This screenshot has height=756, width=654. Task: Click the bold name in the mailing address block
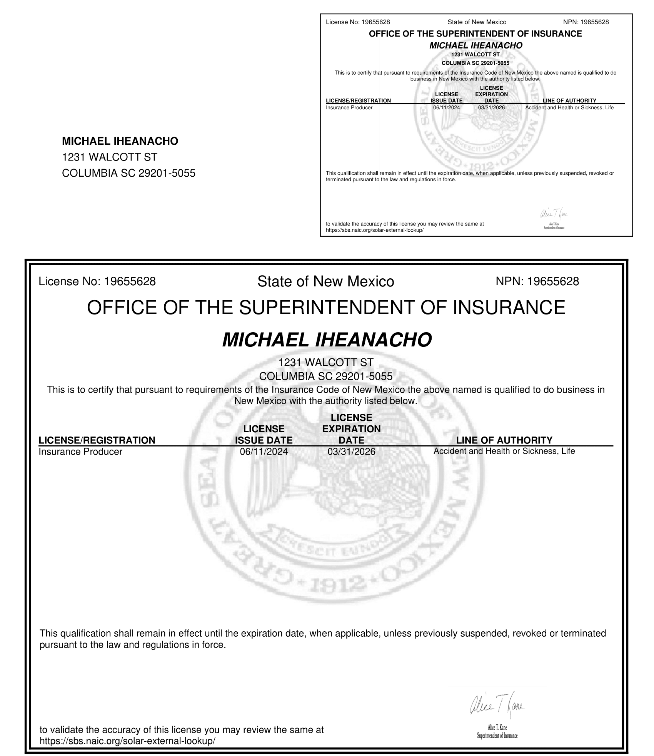(x=120, y=141)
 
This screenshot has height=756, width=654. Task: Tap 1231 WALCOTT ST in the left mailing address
(x=110, y=157)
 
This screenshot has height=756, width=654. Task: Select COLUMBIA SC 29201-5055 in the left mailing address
(x=128, y=173)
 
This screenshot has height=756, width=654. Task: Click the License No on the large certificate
(x=97, y=281)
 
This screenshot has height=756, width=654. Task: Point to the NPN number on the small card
(x=586, y=22)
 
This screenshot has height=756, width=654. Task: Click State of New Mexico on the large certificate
(x=325, y=281)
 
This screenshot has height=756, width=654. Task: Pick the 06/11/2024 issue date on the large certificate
(x=264, y=452)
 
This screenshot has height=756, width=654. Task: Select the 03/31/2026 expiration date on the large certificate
(x=351, y=452)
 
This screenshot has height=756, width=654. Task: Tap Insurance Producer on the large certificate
(x=80, y=452)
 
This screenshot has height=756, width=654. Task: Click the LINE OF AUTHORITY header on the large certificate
(x=504, y=440)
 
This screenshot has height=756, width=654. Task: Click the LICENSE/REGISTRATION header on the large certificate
(x=97, y=440)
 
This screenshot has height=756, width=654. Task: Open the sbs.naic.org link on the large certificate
(x=127, y=741)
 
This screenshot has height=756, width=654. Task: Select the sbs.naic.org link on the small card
(x=374, y=230)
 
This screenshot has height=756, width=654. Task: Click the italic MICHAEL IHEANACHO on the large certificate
(x=327, y=340)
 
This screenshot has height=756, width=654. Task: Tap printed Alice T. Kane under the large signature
(x=497, y=728)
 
